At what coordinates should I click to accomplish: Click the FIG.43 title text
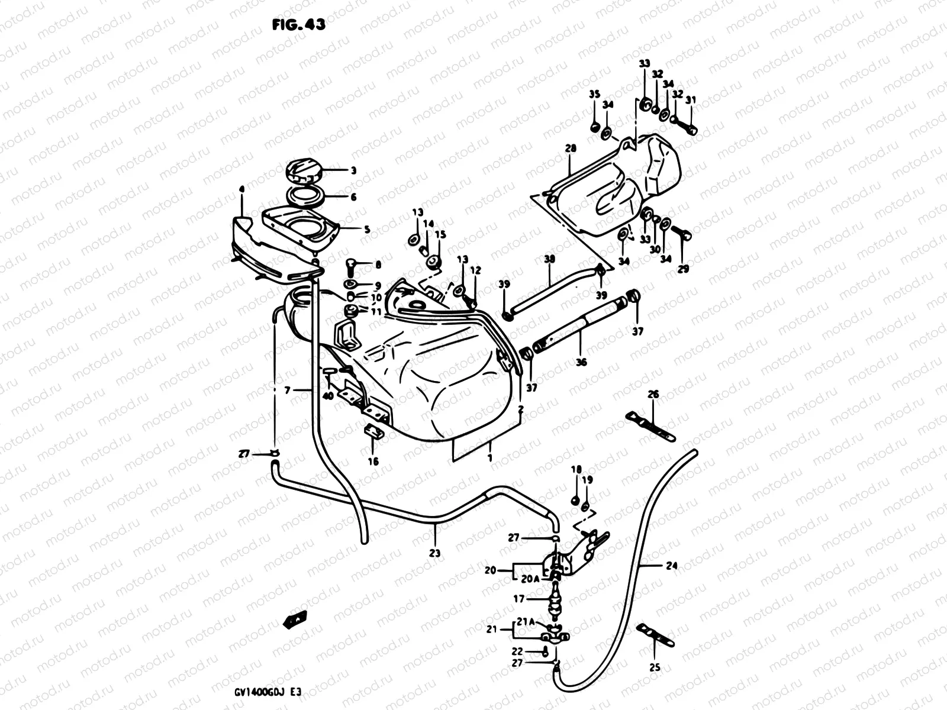point(298,25)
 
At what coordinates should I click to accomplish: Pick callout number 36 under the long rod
point(581,362)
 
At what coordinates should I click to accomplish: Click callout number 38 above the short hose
point(550,259)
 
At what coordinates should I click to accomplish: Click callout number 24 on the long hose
point(671,566)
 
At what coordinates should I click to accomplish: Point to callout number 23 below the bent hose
point(435,554)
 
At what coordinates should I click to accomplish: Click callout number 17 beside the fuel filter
point(519,599)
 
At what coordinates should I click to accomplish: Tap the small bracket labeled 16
point(373,432)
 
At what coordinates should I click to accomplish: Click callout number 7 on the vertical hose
point(288,391)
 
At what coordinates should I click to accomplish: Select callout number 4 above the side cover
point(241,189)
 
